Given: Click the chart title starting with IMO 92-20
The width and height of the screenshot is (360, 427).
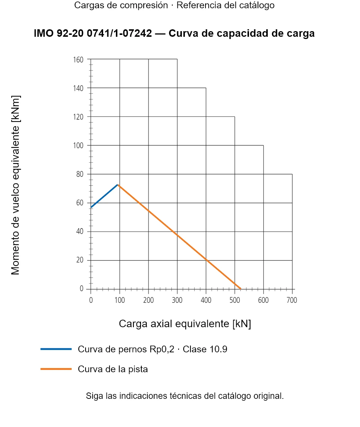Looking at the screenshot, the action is [x=174, y=33].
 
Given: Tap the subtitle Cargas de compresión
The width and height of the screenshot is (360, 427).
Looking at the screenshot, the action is [x=121, y=5].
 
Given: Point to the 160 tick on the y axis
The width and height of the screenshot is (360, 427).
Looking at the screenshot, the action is [x=78, y=59].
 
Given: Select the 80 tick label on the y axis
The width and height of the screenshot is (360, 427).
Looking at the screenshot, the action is [x=80, y=174].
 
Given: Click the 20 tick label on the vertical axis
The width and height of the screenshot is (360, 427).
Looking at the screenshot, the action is [x=80, y=260].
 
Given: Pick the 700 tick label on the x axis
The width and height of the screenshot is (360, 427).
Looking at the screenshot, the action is [x=292, y=300].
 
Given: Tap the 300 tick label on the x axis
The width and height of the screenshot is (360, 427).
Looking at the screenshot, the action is [x=177, y=300].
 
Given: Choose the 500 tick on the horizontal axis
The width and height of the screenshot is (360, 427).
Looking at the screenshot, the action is [x=234, y=300].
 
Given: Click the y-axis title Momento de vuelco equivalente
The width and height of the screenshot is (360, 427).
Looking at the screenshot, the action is [x=15, y=185].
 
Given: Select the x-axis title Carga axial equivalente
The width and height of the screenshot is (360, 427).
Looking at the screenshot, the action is [x=185, y=324].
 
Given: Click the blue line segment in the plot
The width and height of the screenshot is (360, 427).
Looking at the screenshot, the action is [x=104, y=196].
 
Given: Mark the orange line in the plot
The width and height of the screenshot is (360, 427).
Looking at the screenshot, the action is [x=179, y=237].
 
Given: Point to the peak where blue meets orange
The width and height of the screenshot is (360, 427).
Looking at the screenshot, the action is [x=117, y=185].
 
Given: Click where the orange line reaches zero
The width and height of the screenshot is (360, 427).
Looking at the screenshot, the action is [x=240, y=289].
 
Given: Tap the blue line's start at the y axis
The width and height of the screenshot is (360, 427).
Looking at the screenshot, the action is [x=91, y=207].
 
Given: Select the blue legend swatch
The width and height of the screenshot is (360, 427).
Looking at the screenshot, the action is [x=56, y=349].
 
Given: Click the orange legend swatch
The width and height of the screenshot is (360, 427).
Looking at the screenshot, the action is [x=56, y=369].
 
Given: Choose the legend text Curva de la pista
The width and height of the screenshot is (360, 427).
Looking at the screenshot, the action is [x=113, y=369].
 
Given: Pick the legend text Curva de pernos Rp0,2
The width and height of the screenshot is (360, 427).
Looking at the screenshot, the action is [x=126, y=349].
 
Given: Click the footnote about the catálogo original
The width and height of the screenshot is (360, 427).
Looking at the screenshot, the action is [x=185, y=396].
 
